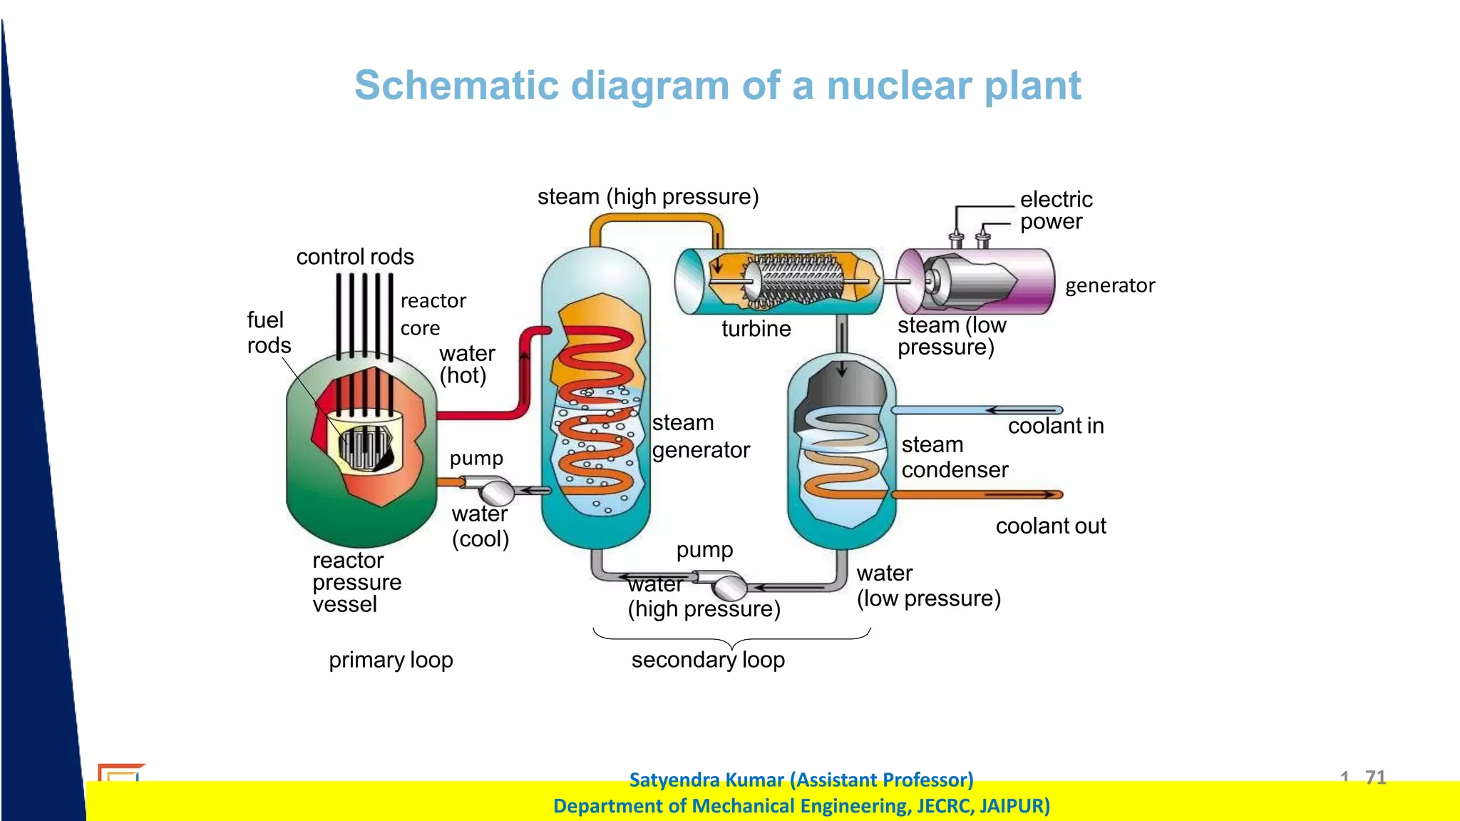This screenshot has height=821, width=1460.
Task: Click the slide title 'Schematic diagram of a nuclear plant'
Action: (x=717, y=86)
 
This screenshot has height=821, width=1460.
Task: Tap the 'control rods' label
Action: (x=355, y=257)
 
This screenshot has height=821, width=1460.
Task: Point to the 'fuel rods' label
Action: (x=269, y=332)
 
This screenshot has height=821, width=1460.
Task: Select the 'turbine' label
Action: (x=756, y=329)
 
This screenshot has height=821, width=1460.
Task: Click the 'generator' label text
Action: (x=1109, y=285)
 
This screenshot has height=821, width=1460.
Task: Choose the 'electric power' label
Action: (x=1055, y=210)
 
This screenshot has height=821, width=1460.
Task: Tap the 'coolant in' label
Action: (x=1055, y=426)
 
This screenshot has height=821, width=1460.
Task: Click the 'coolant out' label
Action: (x=1050, y=526)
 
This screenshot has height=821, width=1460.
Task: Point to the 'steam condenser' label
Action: (x=954, y=457)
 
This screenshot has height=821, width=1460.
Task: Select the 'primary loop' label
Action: (x=391, y=660)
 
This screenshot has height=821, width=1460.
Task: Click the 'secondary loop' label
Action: (x=708, y=660)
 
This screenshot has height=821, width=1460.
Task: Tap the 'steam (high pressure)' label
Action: (x=647, y=196)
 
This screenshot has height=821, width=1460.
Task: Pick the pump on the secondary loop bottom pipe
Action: (x=729, y=586)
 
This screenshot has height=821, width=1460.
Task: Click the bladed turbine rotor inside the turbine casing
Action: (x=795, y=280)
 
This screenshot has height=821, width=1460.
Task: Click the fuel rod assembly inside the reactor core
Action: (x=365, y=447)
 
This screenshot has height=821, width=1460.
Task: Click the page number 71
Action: (x=1375, y=777)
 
